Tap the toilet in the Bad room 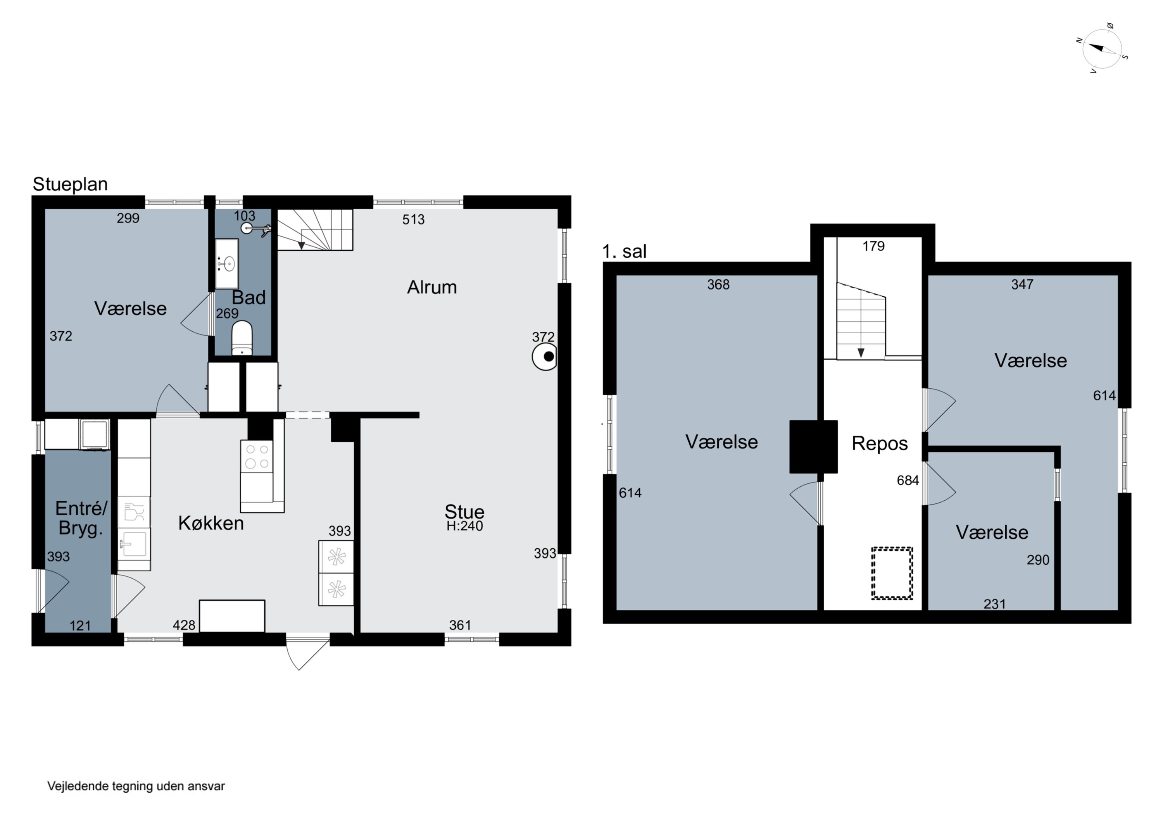point(242,338)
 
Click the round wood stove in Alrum point(545,357)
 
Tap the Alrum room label point(432,287)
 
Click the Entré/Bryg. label point(81,518)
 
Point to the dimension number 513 point(413,219)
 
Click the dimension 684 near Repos point(908,480)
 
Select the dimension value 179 point(874,246)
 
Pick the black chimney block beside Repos point(813,447)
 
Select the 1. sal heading point(624,251)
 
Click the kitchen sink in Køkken point(134,544)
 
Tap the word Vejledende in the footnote point(78,786)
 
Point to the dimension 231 point(994,604)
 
